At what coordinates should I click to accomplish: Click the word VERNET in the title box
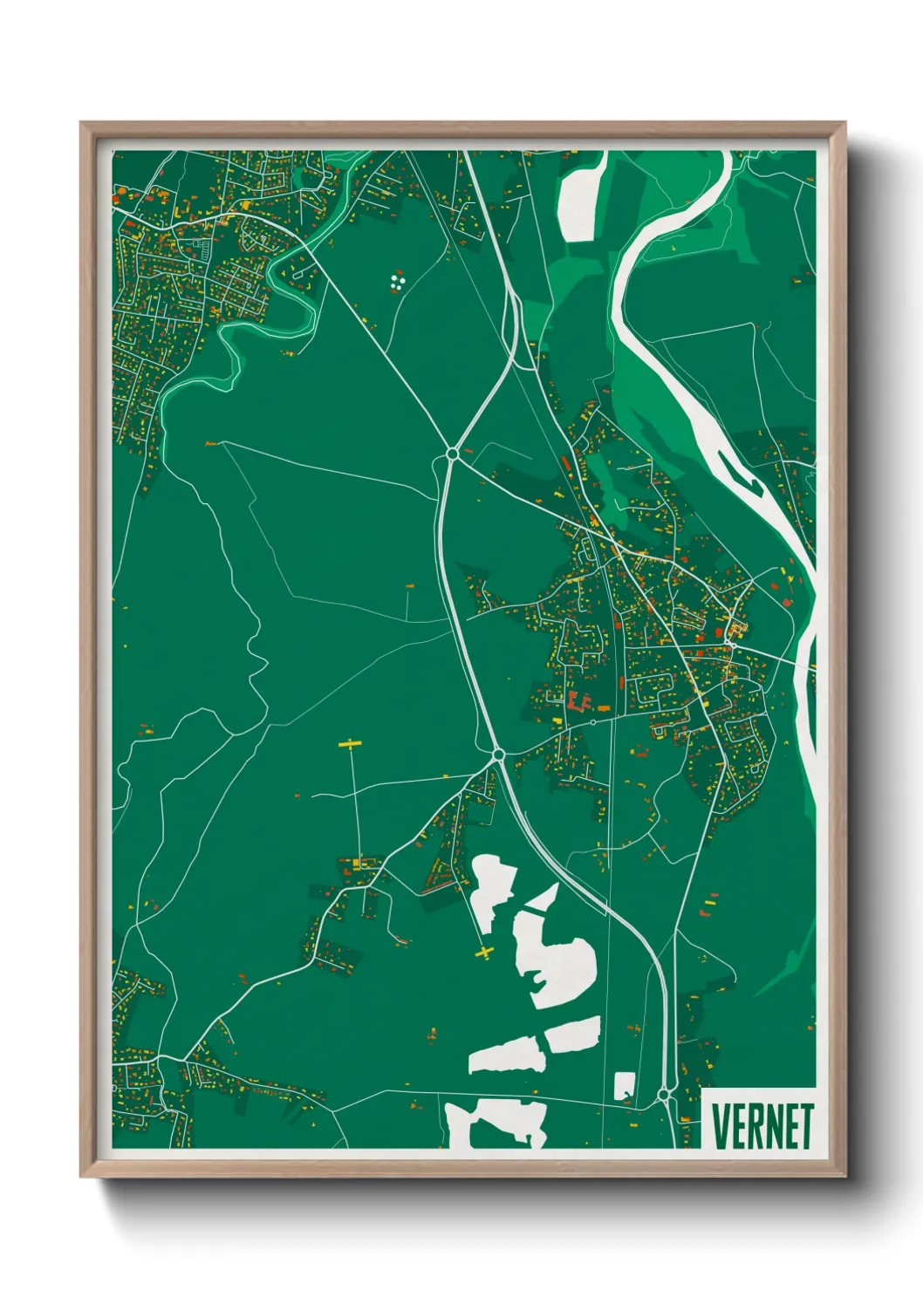pos(762,1126)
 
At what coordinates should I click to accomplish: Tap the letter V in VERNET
pos(721,1126)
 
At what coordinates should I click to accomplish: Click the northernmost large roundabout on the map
pos(452,454)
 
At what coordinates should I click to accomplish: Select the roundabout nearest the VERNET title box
pos(665,1094)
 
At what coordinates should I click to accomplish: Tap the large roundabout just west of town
pos(498,754)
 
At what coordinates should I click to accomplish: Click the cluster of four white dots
pos(398,281)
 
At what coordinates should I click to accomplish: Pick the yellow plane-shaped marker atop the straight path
pos(350,744)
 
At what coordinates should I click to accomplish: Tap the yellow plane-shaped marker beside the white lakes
pos(484,952)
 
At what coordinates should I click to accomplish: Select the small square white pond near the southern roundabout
pos(624,1086)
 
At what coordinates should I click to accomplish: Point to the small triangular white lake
pos(544,899)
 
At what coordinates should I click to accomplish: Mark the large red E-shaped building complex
pos(577,700)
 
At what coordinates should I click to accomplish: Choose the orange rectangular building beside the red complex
pos(602,707)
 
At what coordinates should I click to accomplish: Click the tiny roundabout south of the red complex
pos(592,722)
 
